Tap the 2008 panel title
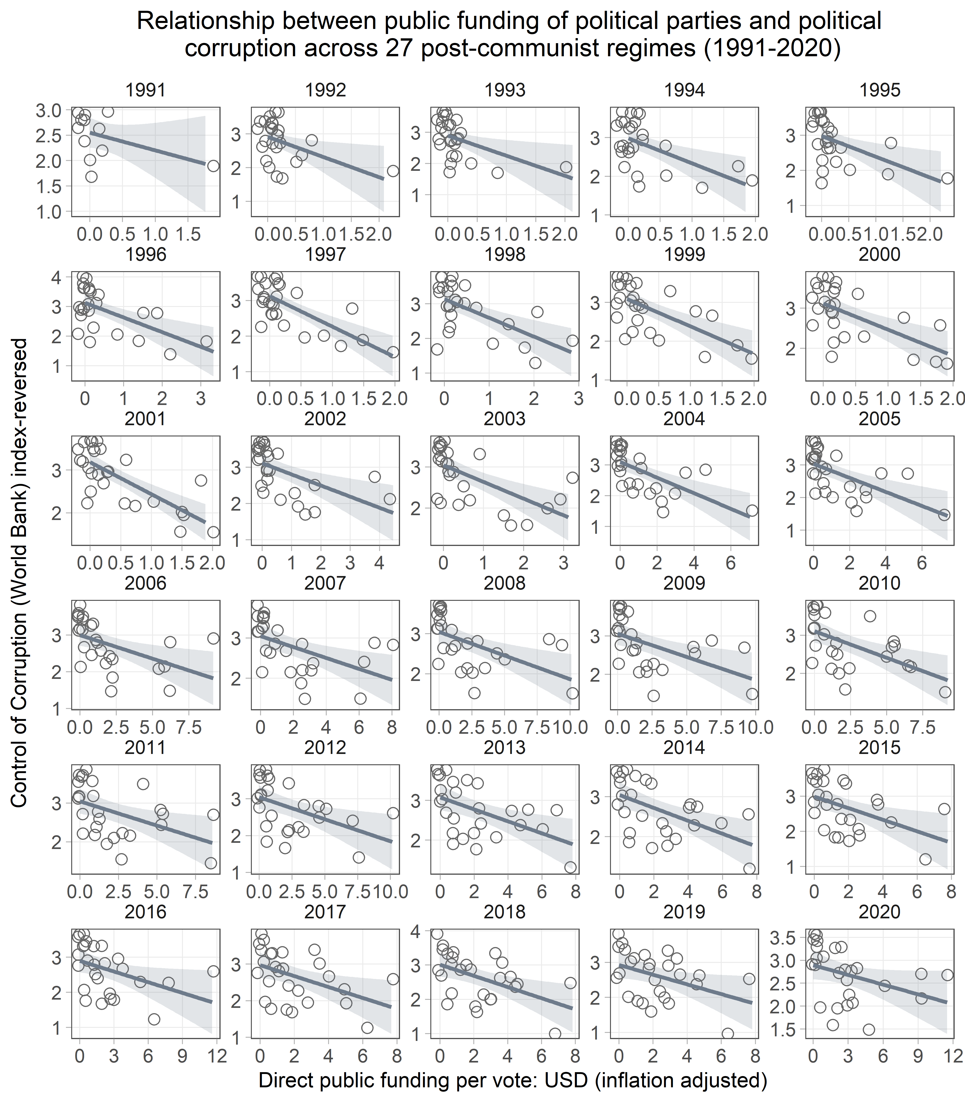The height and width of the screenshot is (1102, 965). [x=505, y=583]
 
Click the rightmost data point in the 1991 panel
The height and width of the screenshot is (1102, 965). [x=213, y=166]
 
